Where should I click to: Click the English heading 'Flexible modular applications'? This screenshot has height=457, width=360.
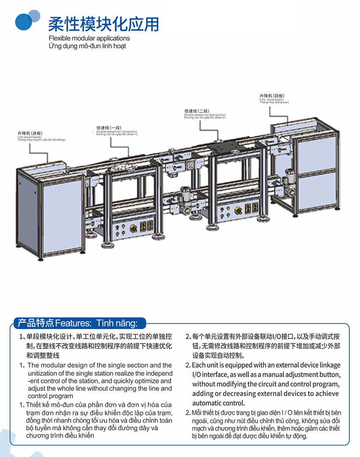click(x=89, y=38)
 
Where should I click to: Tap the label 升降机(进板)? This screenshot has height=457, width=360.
click(x=30, y=133)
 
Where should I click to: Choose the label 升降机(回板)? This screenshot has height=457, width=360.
click(x=271, y=96)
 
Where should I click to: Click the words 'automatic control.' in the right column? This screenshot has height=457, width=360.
click(x=219, y=403)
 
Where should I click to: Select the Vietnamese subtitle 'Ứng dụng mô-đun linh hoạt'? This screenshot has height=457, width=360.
click(x=87, y=45)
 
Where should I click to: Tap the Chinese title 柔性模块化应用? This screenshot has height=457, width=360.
click(x=103, y=24)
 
